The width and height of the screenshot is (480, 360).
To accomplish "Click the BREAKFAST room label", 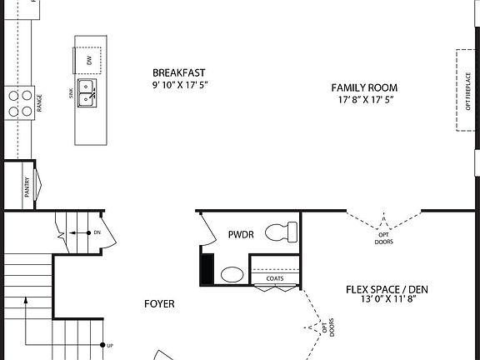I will coord(178,72).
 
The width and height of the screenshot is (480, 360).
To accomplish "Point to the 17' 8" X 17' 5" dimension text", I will coord(364,100).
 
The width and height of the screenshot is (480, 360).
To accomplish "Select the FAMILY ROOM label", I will coord(364,87).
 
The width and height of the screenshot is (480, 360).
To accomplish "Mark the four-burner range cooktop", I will coord(21,102).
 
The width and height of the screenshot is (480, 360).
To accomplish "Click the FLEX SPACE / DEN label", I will coord(381,290).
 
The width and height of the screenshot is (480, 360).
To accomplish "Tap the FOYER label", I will coord(159,304).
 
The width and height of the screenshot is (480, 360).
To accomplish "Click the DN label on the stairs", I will coord(97,232).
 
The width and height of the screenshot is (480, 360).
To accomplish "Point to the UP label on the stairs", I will coord(112,344).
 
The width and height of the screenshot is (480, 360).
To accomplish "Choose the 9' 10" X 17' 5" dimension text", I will coord(178,85).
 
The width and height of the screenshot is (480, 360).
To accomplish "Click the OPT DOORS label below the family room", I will coord(383,239).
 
